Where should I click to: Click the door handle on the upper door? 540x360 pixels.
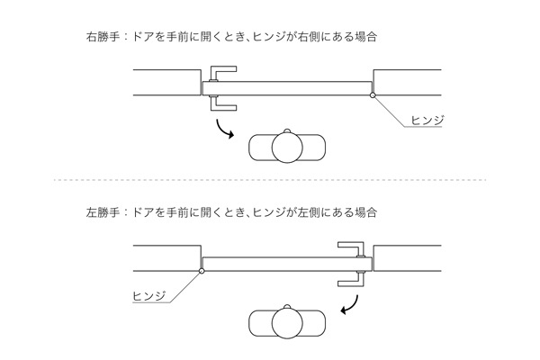(216, 88)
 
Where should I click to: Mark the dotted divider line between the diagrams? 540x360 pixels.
(270, 180)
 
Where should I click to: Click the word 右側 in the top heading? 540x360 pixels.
(312, 38)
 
